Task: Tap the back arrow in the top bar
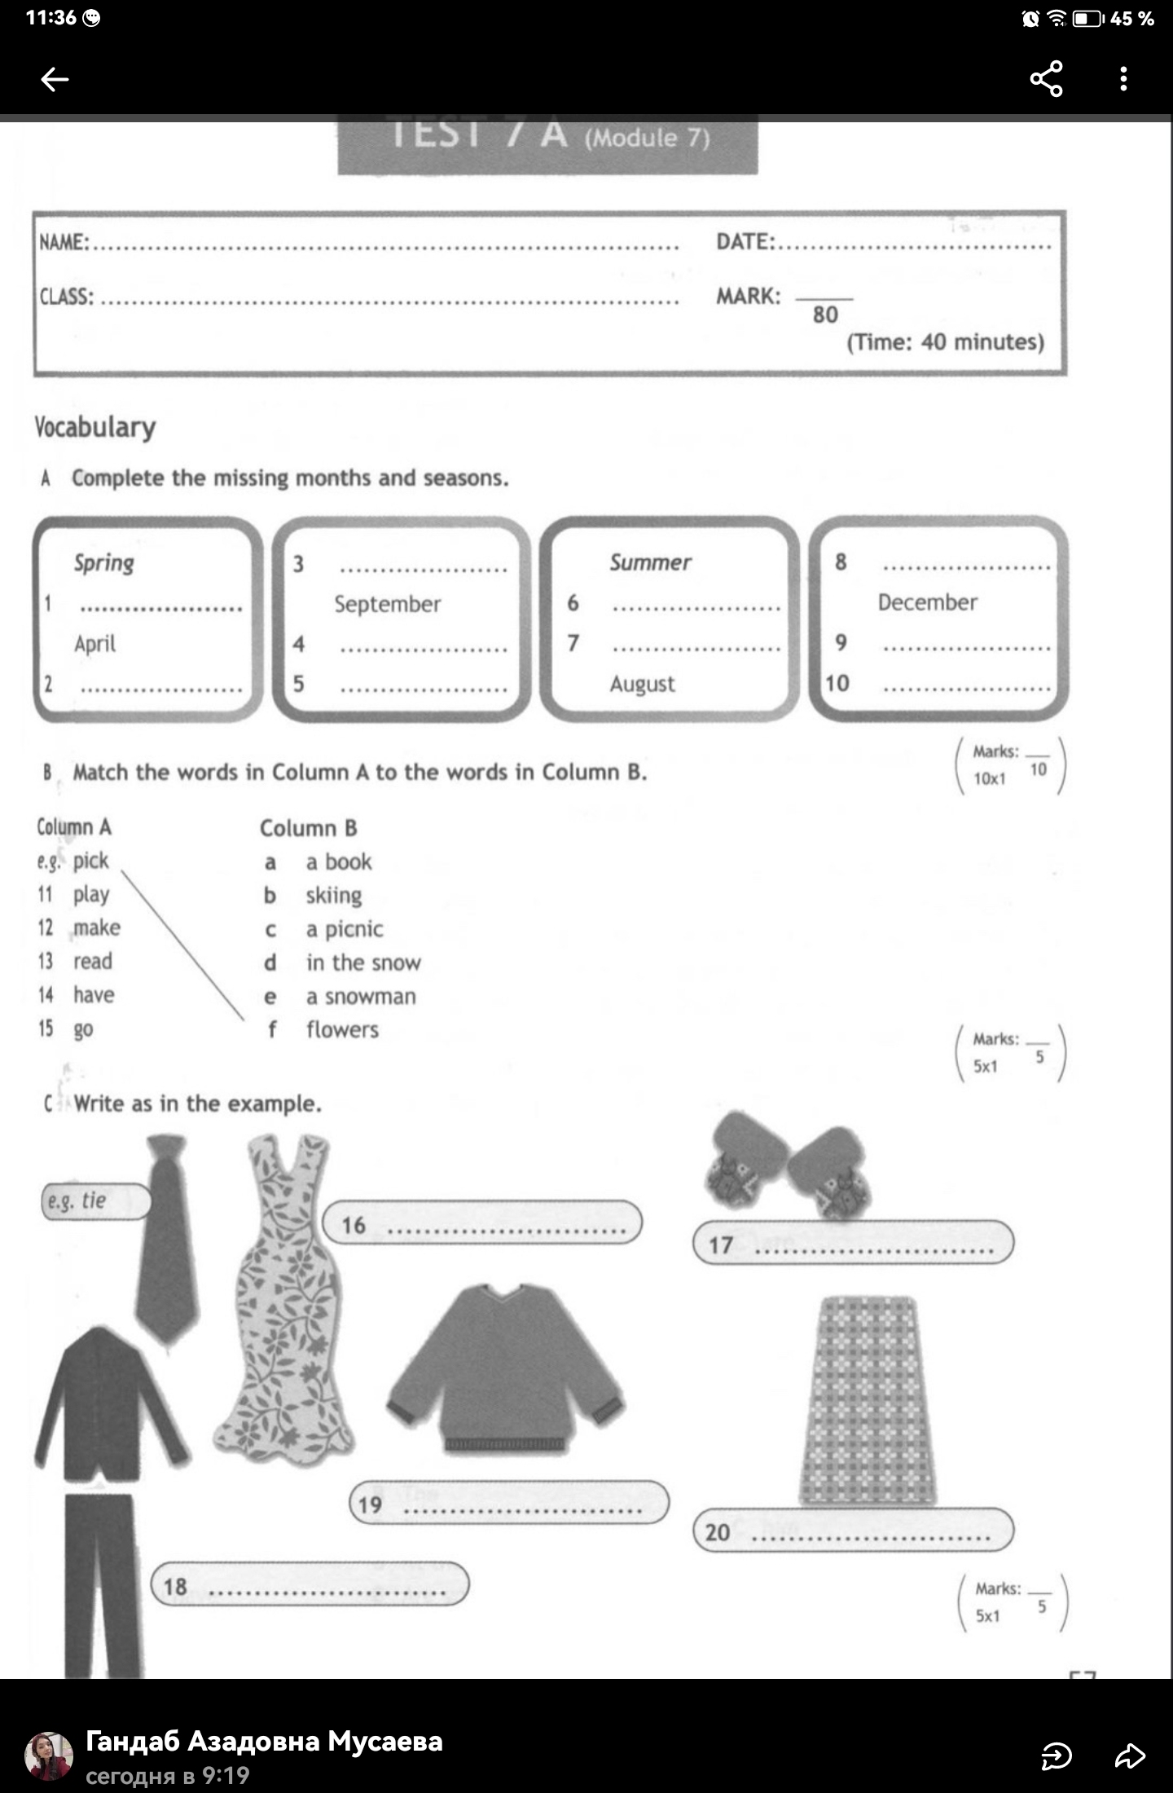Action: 55,79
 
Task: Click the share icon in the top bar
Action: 1046,79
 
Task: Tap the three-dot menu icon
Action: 1123,79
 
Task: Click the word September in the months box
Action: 387,604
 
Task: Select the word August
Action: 642,684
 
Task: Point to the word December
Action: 927,602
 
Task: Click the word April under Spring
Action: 94,644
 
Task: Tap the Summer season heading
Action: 650,562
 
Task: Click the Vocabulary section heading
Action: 95,427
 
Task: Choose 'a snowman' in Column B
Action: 361,996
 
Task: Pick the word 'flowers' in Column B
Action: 342,1030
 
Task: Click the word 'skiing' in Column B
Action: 333,896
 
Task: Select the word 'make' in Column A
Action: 96,928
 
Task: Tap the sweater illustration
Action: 505,1369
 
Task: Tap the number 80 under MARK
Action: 824,315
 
